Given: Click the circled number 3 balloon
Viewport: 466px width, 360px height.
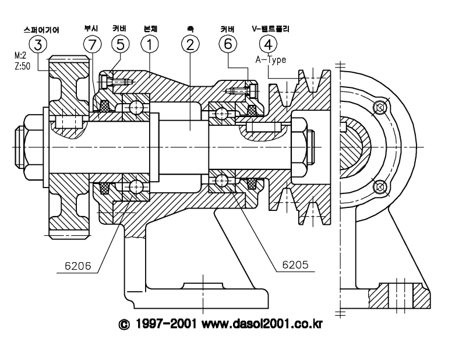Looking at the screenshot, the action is pyautogui.click(x=38, y=45).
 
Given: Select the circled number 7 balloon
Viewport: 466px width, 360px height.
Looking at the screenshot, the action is pyautogui.click(x=93, y=45).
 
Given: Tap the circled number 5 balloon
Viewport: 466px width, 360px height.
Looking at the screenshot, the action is pyautogui.click(x=121, y=44).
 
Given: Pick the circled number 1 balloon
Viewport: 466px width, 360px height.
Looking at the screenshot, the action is pyautogui.click(x=150, y=44).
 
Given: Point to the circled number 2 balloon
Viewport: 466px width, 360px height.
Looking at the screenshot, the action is pyautogui.click(x=190, y=44).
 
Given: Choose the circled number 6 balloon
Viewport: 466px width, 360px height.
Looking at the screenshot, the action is pyautogui.click(x=228, y=44).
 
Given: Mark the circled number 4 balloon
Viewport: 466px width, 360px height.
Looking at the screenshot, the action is pyautogui.click(x=269, y=44).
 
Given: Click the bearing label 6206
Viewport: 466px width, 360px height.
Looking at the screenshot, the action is pyautogui.click(x=78, y=266).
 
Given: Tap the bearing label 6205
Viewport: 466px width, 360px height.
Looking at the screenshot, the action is pyautogui.click(x=295, y=264).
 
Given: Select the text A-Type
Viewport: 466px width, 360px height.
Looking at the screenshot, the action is pyautogui.click(x=271, y=60).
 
